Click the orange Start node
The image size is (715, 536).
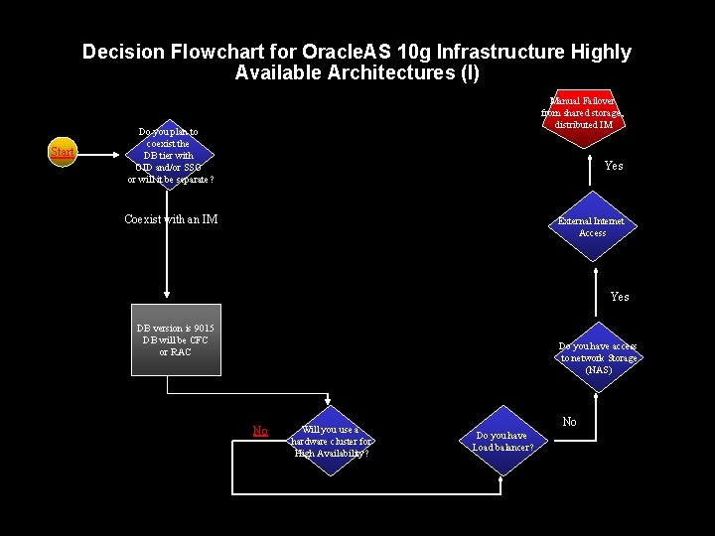[x=63, y=153]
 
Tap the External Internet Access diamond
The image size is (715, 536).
[x=592, y=226]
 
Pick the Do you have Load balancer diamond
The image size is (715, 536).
[x=501, y=441]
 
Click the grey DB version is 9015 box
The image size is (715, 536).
[x=176, y=339]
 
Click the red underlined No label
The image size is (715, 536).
[x=260, y=431]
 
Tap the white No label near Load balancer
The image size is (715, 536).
[x=569, y=422]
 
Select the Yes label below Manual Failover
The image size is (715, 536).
[x=614, y=166]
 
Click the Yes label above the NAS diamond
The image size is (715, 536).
[x=620, y=297]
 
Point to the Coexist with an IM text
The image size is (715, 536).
[x=171, y=219]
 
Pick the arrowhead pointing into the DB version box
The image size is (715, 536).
[x=167, y=296]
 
